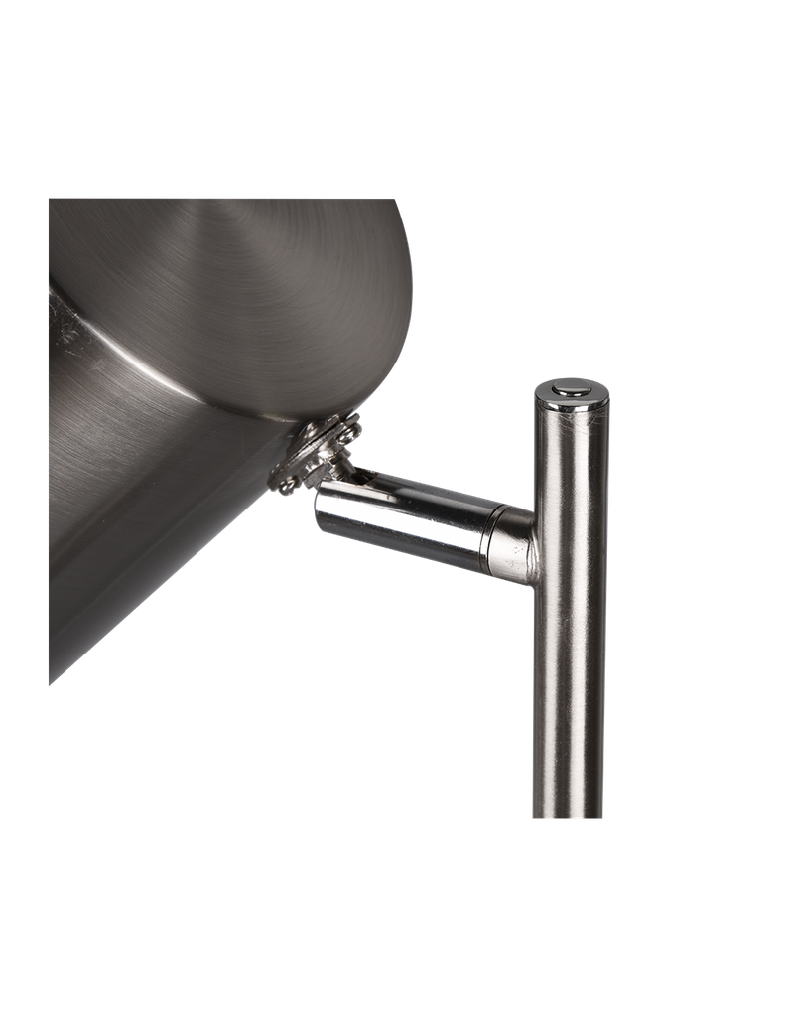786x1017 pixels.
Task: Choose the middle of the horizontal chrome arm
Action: click(x=407, y=516)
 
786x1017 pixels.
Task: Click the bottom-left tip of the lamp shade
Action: click(x=52, y=681)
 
